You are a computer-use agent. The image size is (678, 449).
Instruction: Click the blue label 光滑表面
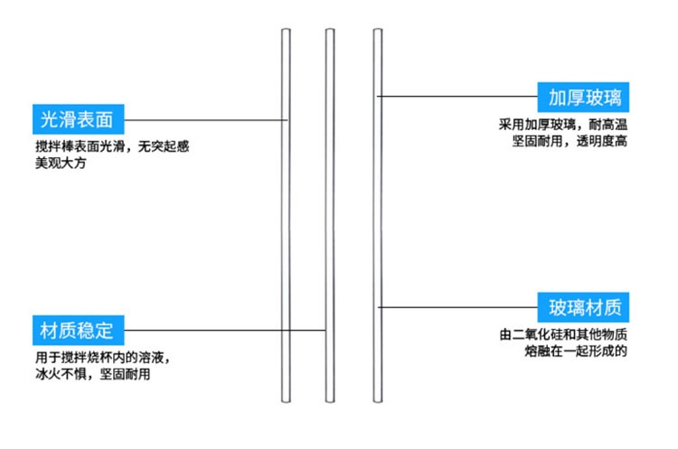tap(77, 118)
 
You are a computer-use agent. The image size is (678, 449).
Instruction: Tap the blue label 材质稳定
tap(77, 328)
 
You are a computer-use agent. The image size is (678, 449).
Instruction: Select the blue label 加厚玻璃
tap(583, 97)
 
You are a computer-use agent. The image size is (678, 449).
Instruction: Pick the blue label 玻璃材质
tap(583, 307)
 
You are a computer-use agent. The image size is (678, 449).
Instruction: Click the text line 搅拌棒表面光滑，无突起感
tap(112, 145)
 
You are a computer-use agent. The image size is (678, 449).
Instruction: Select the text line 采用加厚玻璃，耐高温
tap(562, 125)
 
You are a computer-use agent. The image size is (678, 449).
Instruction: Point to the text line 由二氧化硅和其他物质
tap(562, 334)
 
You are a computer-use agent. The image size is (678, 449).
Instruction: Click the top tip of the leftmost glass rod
tap(286, 33)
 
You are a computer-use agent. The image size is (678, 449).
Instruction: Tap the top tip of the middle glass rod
tap(330, 33)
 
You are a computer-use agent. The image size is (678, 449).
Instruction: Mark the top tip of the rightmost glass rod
tap(378, 33)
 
